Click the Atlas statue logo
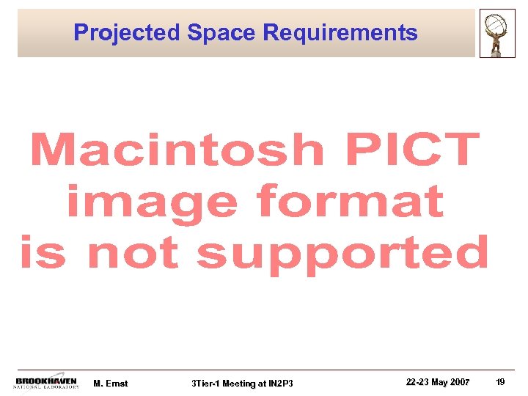(497, 33)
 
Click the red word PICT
(414, 150)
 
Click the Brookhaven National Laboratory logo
(46, 383)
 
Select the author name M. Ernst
(111, 384)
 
